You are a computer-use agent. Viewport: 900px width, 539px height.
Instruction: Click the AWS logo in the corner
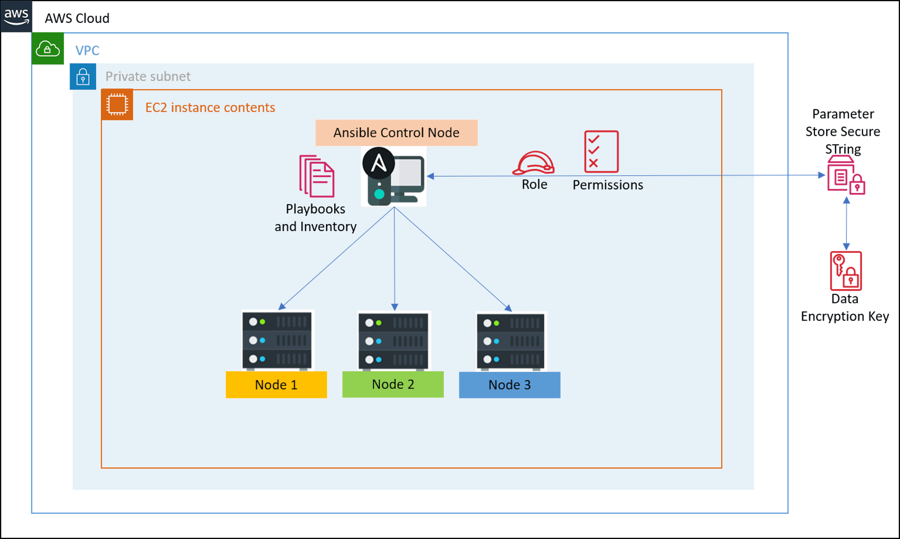point(16,16)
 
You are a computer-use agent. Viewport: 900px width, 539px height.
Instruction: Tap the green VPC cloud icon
point(48,48)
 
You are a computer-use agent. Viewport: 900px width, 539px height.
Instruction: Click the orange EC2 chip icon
point(117,105)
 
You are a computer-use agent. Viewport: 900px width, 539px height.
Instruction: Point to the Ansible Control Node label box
point(397,132)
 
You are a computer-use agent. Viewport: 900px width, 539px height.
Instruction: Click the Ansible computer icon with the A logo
point(394,177)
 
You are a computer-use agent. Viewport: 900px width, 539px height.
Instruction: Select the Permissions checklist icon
point(601,151)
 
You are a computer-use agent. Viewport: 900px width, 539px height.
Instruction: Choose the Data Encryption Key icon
point(846,271)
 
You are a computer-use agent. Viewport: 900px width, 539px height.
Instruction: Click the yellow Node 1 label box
point(276,385)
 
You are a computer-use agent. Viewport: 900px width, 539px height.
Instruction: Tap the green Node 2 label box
point(393,384)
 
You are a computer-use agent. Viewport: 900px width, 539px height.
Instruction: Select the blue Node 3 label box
point(509,385)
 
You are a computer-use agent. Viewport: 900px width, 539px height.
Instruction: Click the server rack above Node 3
point(511,341)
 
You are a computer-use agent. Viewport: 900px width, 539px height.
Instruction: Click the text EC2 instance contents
point(210,108)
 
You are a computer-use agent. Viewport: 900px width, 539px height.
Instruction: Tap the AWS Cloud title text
point(77,18)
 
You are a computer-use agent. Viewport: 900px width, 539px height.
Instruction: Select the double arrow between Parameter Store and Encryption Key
point(846,223)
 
